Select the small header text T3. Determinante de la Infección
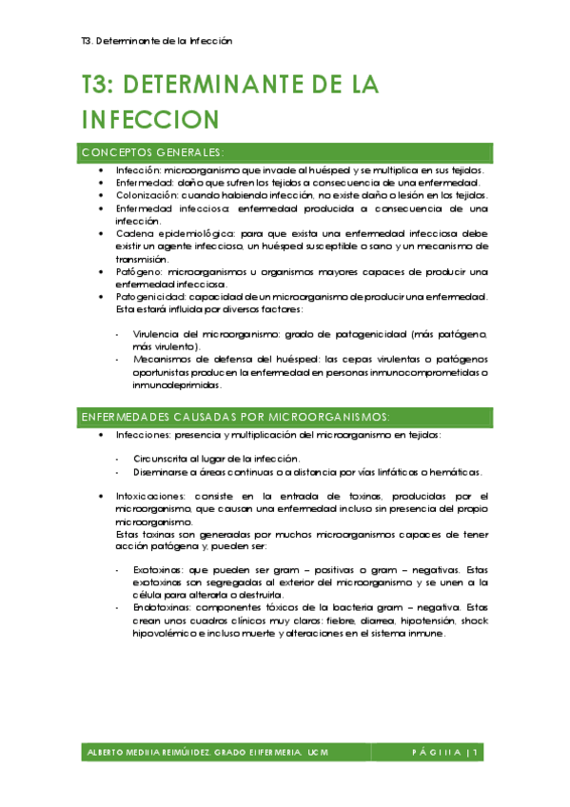(x=157, y=41)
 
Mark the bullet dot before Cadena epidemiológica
(x=103, y=233)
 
